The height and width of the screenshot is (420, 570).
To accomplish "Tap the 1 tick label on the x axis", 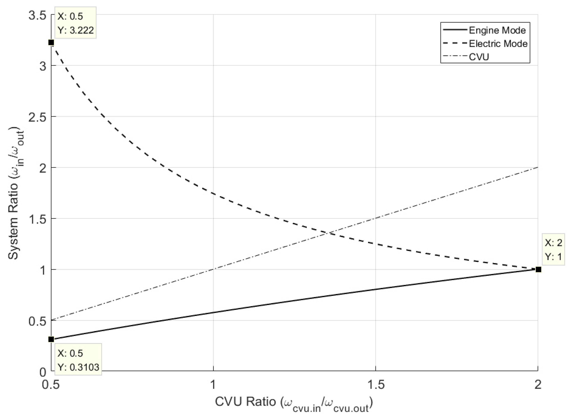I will click(x=213, y=385).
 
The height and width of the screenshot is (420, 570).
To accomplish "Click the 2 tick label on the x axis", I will click(x=537, y=385).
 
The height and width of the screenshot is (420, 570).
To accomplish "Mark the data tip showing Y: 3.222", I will click(x=76, y=23).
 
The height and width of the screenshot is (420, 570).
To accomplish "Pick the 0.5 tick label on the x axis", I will click(x=51, y=385).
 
